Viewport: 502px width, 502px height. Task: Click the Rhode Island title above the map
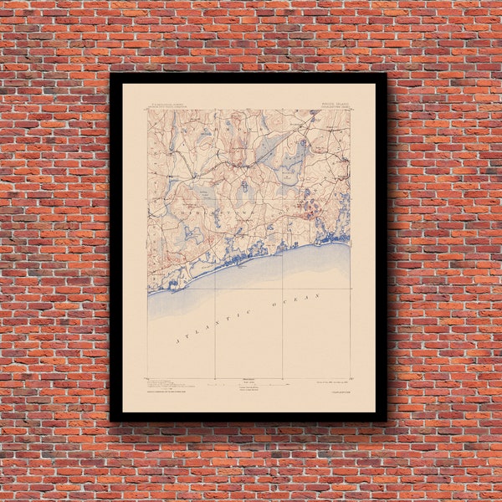point(331,104)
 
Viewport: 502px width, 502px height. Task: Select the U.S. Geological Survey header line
point(169,105)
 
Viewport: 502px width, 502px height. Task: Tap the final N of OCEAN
point(319,295)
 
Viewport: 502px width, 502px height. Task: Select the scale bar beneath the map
point(248,382)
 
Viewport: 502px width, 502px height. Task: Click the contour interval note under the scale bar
point(248,390)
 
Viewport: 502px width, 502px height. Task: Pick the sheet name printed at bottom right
point(336,388)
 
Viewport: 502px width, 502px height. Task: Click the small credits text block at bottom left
point(172,386)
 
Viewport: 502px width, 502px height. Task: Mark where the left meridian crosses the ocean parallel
point(215,289)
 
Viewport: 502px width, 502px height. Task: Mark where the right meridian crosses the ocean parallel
point(283,289)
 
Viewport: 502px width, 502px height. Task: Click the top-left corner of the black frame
point(111,74)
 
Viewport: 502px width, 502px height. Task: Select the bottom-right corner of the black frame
point(386,420)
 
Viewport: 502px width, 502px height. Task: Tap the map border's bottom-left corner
point(148,378)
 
